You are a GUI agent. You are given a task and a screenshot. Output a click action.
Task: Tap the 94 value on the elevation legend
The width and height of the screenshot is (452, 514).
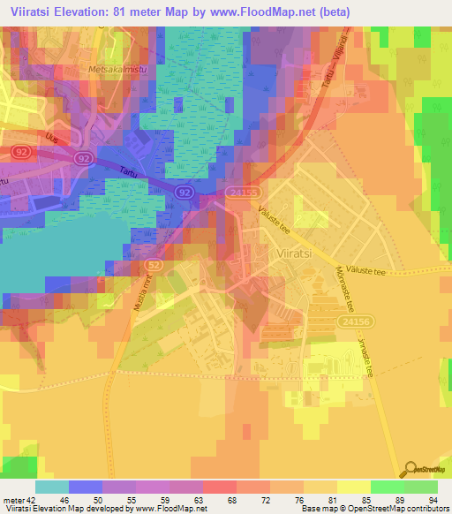click(432, 500)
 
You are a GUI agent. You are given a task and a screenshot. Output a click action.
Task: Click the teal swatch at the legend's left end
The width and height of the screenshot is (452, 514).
click(52, 487)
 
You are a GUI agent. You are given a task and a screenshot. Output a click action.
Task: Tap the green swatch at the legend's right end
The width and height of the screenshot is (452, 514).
click(421, 487)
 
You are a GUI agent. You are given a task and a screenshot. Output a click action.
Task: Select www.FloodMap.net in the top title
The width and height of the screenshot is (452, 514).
click(268, 11)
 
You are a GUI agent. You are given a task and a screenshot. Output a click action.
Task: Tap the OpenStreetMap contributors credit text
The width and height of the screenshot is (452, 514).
click(398, 510)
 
